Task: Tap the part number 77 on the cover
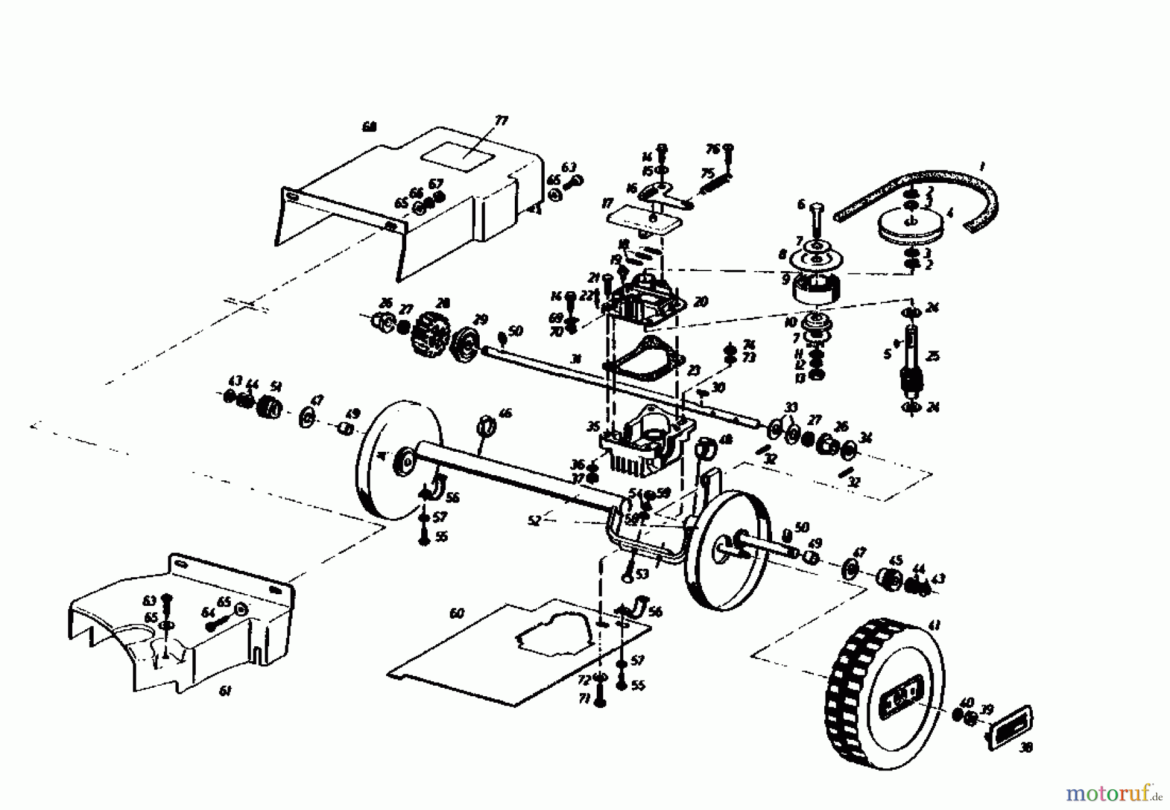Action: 501,120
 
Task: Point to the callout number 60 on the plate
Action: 457,613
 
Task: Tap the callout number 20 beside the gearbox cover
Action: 700,302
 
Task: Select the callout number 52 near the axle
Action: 534,521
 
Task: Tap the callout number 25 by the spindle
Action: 933,357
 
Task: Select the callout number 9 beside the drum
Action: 786,280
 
